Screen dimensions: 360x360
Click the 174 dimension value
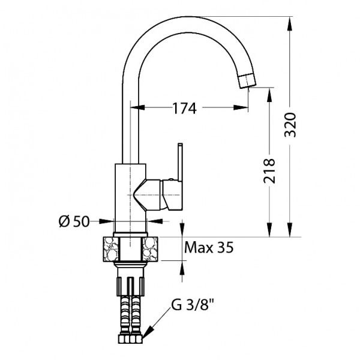pos(184,109)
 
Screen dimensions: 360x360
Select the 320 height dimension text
pos(290,124)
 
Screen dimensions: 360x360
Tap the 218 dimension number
pos(269,171)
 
